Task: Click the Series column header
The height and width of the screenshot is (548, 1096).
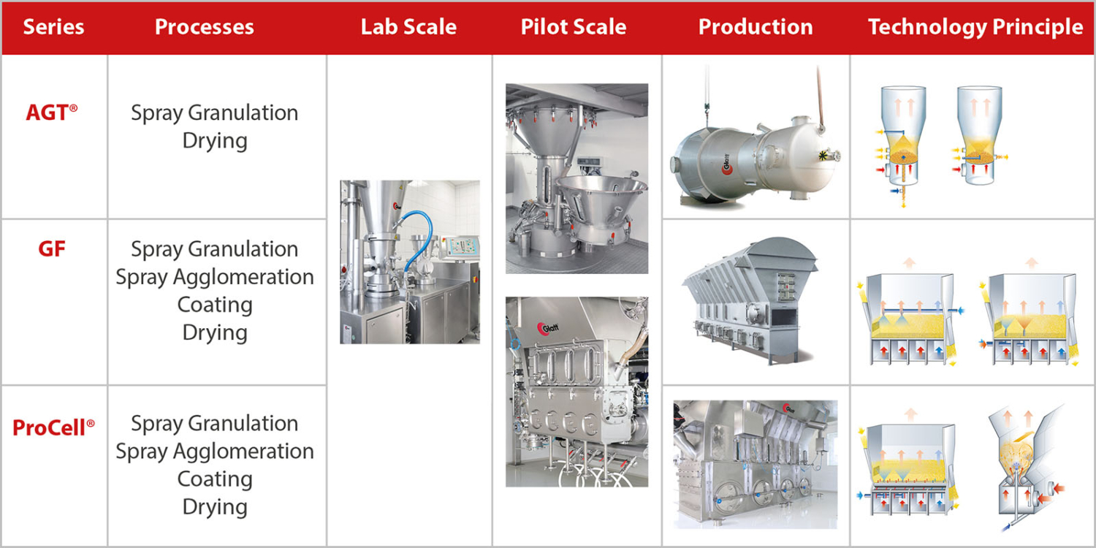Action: click(x=53, y=28)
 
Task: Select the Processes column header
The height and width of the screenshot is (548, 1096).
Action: click(x=205, y=28)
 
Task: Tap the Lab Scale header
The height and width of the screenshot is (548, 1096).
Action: click(x=408, y=28)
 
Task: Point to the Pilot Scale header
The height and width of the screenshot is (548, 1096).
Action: click(x=574, y=28)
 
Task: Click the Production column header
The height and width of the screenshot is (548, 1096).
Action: click(x=756, y=28)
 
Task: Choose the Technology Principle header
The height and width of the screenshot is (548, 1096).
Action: click(x=975, y=28)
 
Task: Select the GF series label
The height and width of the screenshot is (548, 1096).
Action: click(x=52, y=249)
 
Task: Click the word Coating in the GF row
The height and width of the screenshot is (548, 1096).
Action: click(x=215, y=305)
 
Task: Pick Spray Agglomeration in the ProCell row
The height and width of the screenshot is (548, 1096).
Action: click(x=215, y=452)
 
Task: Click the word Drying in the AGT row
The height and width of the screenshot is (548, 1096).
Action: click(x=215, y=140)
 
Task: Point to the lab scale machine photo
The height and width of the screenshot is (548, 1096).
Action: click(x=409, y=262)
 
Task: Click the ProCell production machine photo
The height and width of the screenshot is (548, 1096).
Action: click(x=755, y=464)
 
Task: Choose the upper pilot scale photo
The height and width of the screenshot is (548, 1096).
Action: click(x=576, y=178)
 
